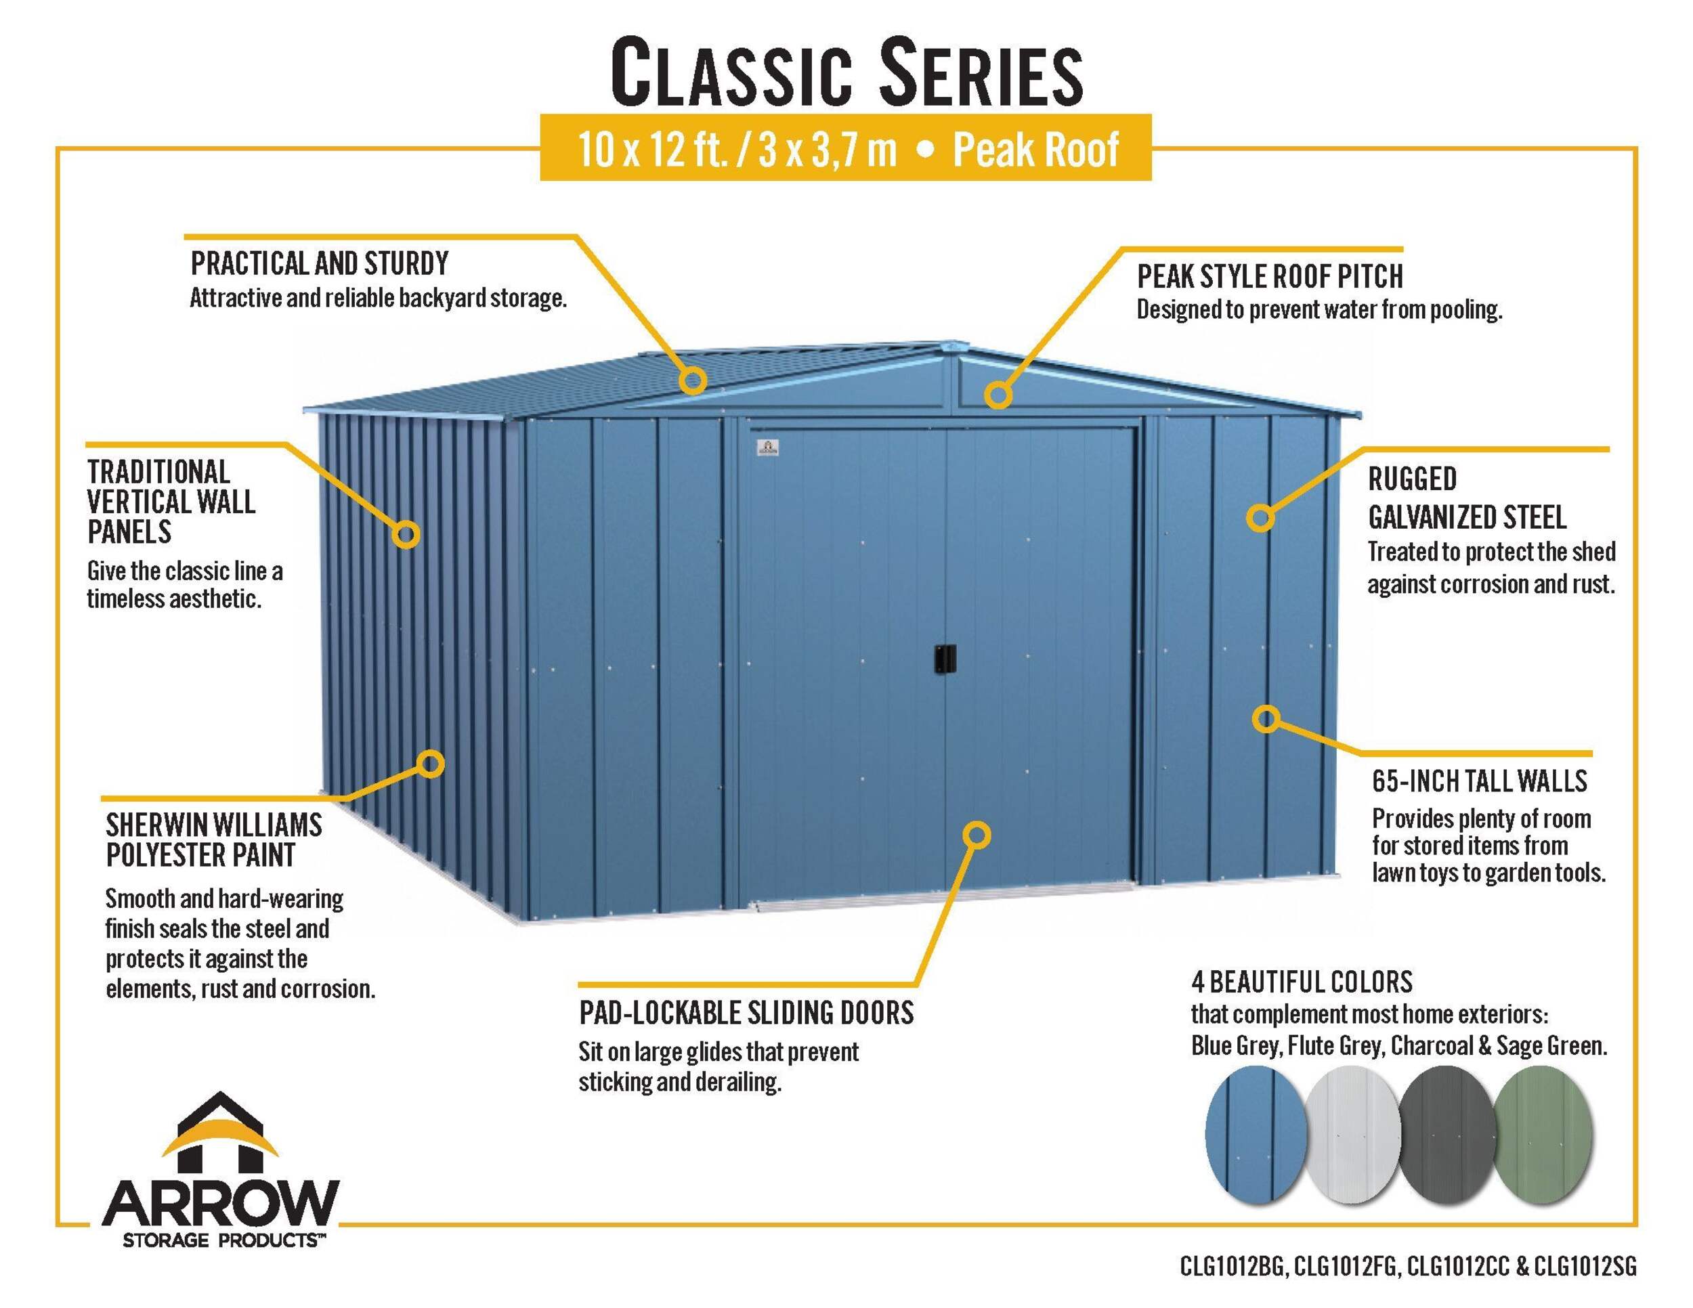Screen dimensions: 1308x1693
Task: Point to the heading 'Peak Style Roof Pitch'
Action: tap(1270, 277)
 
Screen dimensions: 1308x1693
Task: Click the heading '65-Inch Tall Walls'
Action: tap(1479, 781)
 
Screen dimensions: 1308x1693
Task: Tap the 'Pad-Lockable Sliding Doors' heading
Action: tap(746, 1013)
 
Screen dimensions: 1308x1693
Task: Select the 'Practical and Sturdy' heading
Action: tap(320, 263)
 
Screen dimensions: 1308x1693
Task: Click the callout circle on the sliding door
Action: tap(977, 835)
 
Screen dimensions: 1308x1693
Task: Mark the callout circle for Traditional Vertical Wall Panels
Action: tap(406, 534)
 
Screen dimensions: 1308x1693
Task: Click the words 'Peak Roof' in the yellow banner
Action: tap(1035, 150)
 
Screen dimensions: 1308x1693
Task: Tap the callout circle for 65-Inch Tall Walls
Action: tap(1265, 719)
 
